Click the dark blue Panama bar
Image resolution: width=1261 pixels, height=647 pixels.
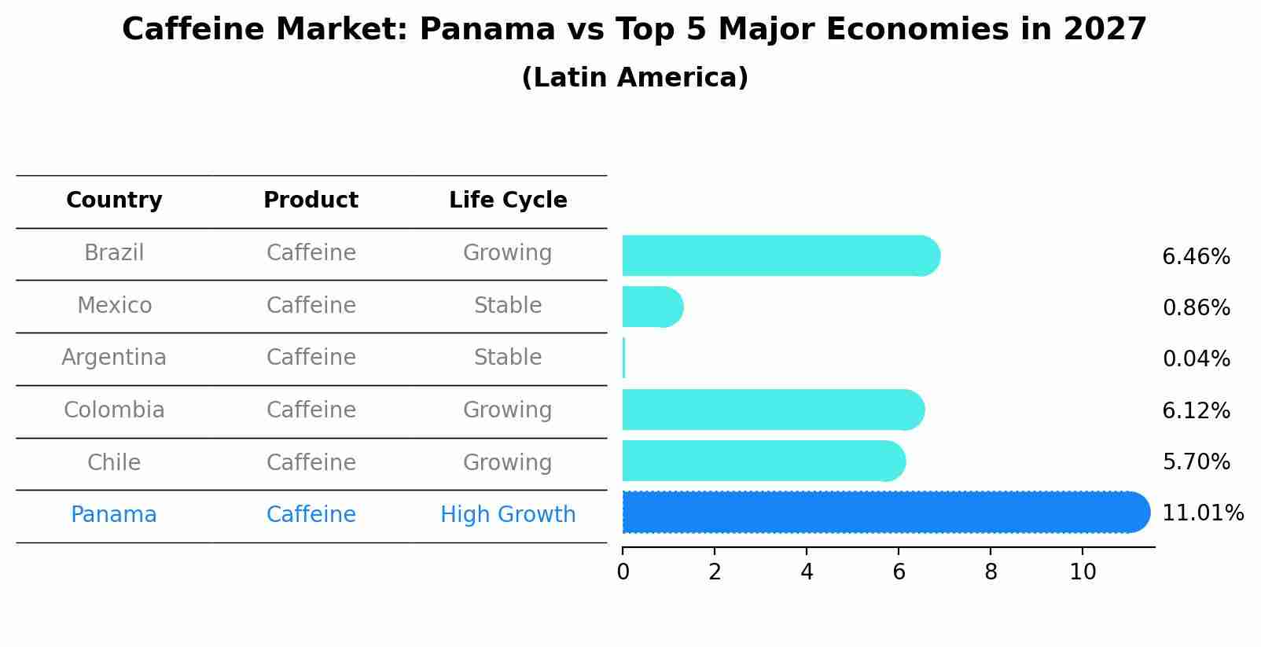[x=884, y=513]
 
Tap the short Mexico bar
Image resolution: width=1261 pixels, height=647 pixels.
[x=651, y=307]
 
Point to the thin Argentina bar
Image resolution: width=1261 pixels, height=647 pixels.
[x=623, y=358]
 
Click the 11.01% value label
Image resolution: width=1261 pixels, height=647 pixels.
[x=1202, y=513]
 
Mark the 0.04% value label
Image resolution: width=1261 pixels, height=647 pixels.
[x=1196, y=359]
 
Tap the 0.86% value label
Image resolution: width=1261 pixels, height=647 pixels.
[x=1196, y=308]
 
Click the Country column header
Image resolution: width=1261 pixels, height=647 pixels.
[x=114, y=200]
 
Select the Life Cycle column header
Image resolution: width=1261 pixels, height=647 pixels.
[x=508, y=200]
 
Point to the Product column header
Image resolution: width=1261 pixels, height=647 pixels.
[x=311, y=200]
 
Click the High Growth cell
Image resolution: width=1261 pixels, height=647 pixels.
[x=508, y=515]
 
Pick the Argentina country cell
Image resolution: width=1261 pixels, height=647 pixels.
[x=114, y=358]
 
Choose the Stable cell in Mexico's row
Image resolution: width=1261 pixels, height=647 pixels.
[x=508, y=306]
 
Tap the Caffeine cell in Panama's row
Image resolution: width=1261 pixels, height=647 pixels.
[x=311, y=515]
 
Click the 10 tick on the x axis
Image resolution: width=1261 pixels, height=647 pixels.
[x=1083, y=572]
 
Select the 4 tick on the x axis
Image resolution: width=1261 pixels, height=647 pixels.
[x=807, y=572]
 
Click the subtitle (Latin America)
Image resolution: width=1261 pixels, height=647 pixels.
[x=634, y=78]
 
